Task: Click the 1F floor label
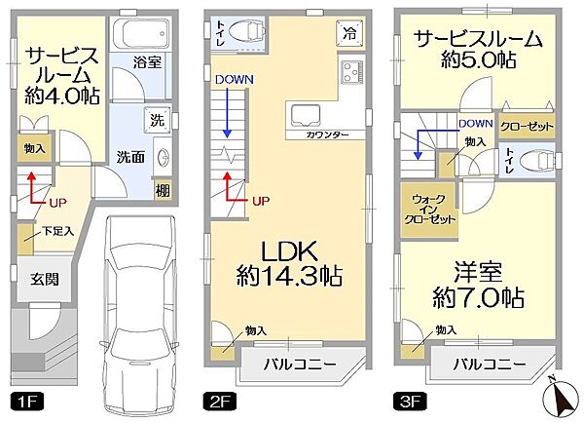pyautogui.click(x=20, y=401)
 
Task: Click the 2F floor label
pyautogui.click(x=216, y=401)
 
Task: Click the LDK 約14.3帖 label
pyautogui.click(x=289, y=260)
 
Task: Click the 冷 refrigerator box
pyautogui.click(x=348, y=31)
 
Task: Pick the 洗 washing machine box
pyautogui.click(x=157, y=121)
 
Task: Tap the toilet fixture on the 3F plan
pyautogui.click(x=534, y=159)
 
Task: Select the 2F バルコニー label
pyautogui.click(x=300, y=365)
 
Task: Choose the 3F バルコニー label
pyautogui.click(x=491, y=365)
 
